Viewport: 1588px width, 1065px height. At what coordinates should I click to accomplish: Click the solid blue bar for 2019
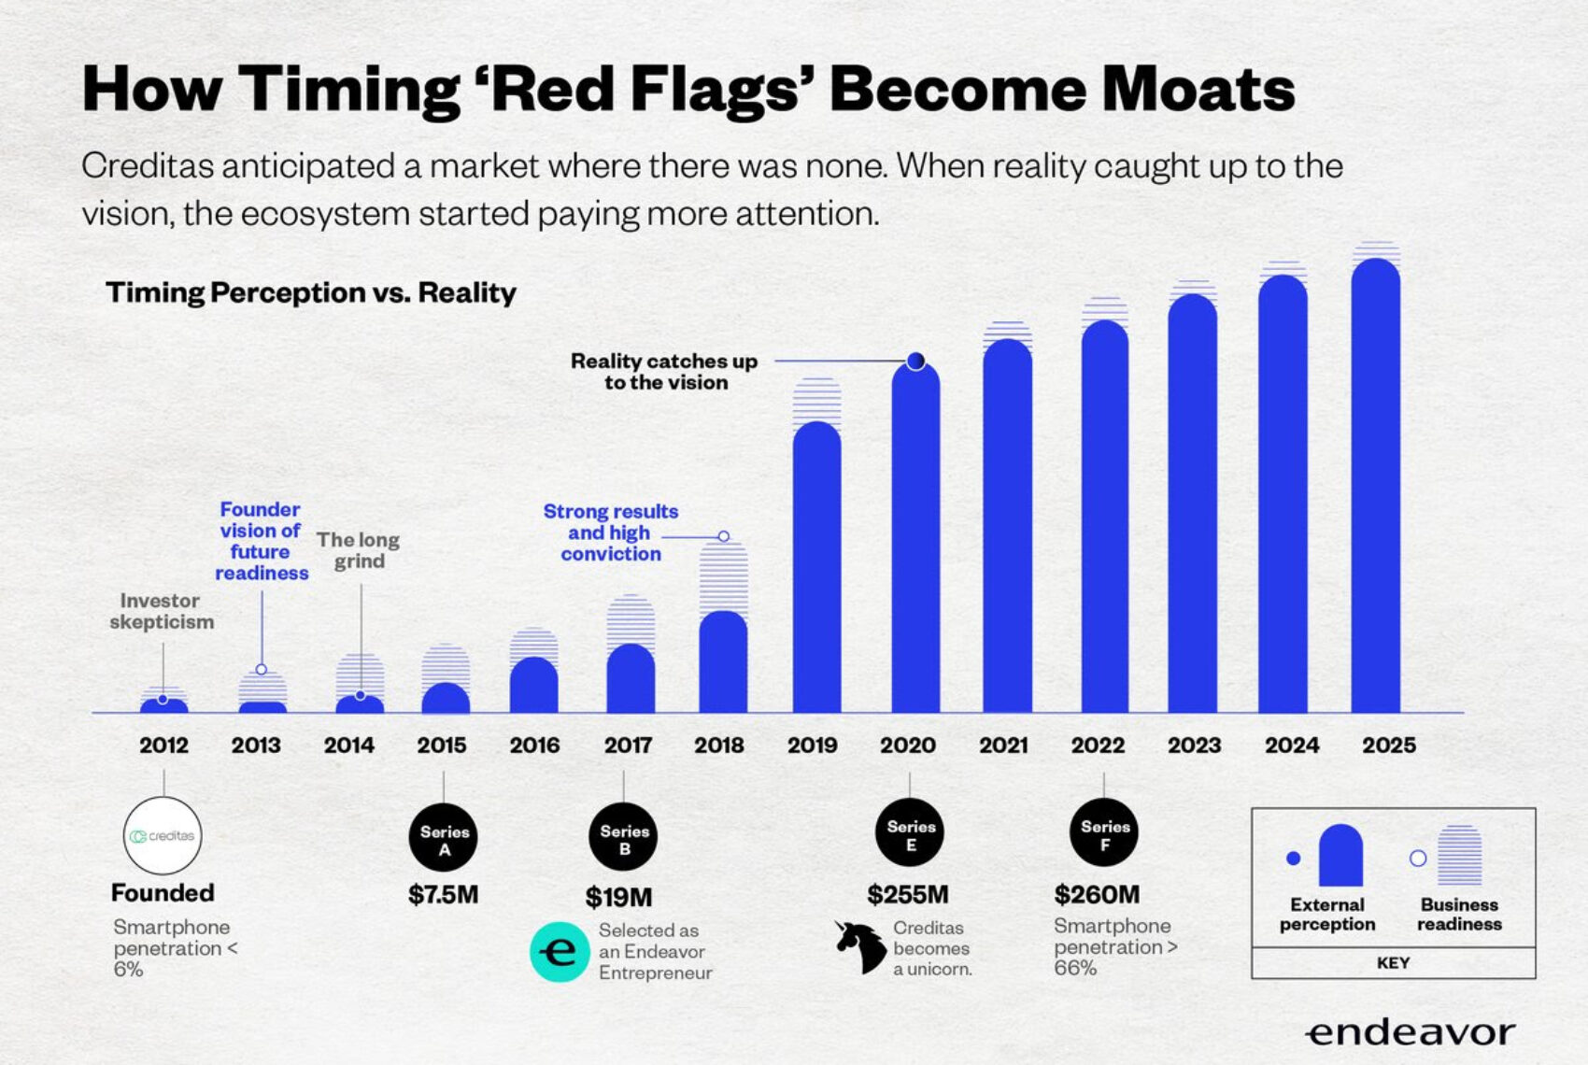pos(816,567)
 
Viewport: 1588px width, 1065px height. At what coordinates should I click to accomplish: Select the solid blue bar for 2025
pos(1375,486)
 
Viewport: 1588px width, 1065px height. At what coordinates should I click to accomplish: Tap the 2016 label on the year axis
pos(534,745)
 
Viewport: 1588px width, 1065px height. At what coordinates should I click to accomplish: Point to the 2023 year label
pos(1194,745)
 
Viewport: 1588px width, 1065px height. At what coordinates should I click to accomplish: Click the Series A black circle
pos(444,838)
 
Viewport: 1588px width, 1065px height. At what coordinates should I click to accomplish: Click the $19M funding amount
pos(618,898)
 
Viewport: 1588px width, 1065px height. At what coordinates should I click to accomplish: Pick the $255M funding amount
pos(907,895)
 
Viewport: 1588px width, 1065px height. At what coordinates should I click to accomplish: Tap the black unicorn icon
pos(860,946)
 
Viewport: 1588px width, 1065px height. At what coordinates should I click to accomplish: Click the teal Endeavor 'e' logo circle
pos(560,952)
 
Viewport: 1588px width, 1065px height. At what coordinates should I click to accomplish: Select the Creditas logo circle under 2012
pos(163,835)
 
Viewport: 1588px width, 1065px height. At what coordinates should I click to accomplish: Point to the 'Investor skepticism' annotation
pos(162,611)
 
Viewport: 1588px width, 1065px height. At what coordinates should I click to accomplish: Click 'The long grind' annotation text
pos(359,551)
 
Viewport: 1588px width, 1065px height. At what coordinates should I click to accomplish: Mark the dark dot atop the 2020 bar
pos(916,361)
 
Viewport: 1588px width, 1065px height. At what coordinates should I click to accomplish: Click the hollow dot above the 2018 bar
pos(723,536)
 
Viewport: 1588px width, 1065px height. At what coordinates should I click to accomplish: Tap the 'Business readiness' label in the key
pos(1460,915)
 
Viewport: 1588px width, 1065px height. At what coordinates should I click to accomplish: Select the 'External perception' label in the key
pos(1327,915)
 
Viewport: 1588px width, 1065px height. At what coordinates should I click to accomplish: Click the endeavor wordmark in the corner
pos(1411,1032)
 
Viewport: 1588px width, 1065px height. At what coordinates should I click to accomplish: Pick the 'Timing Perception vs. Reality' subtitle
pos(311,292)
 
